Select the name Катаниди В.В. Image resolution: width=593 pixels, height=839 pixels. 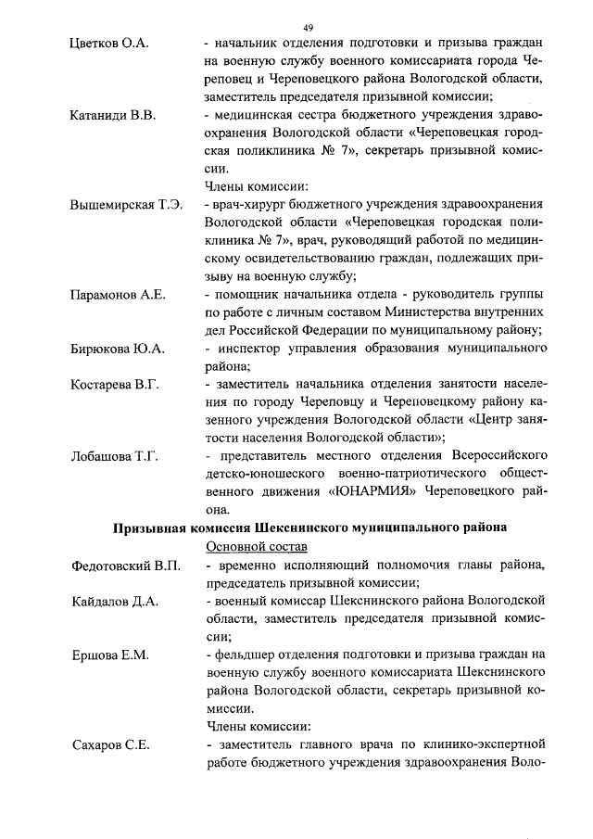[x=113, y=116]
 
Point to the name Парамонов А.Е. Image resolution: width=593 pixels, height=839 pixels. [x=118, y=295]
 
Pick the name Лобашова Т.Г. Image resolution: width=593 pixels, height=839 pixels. [x=115, y=456]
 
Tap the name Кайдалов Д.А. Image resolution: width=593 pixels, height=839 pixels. [x=116, y=601]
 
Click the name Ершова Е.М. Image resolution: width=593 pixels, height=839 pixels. [x=107, y=655]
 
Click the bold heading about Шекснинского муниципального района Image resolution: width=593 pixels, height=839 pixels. [x=309, y=528]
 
